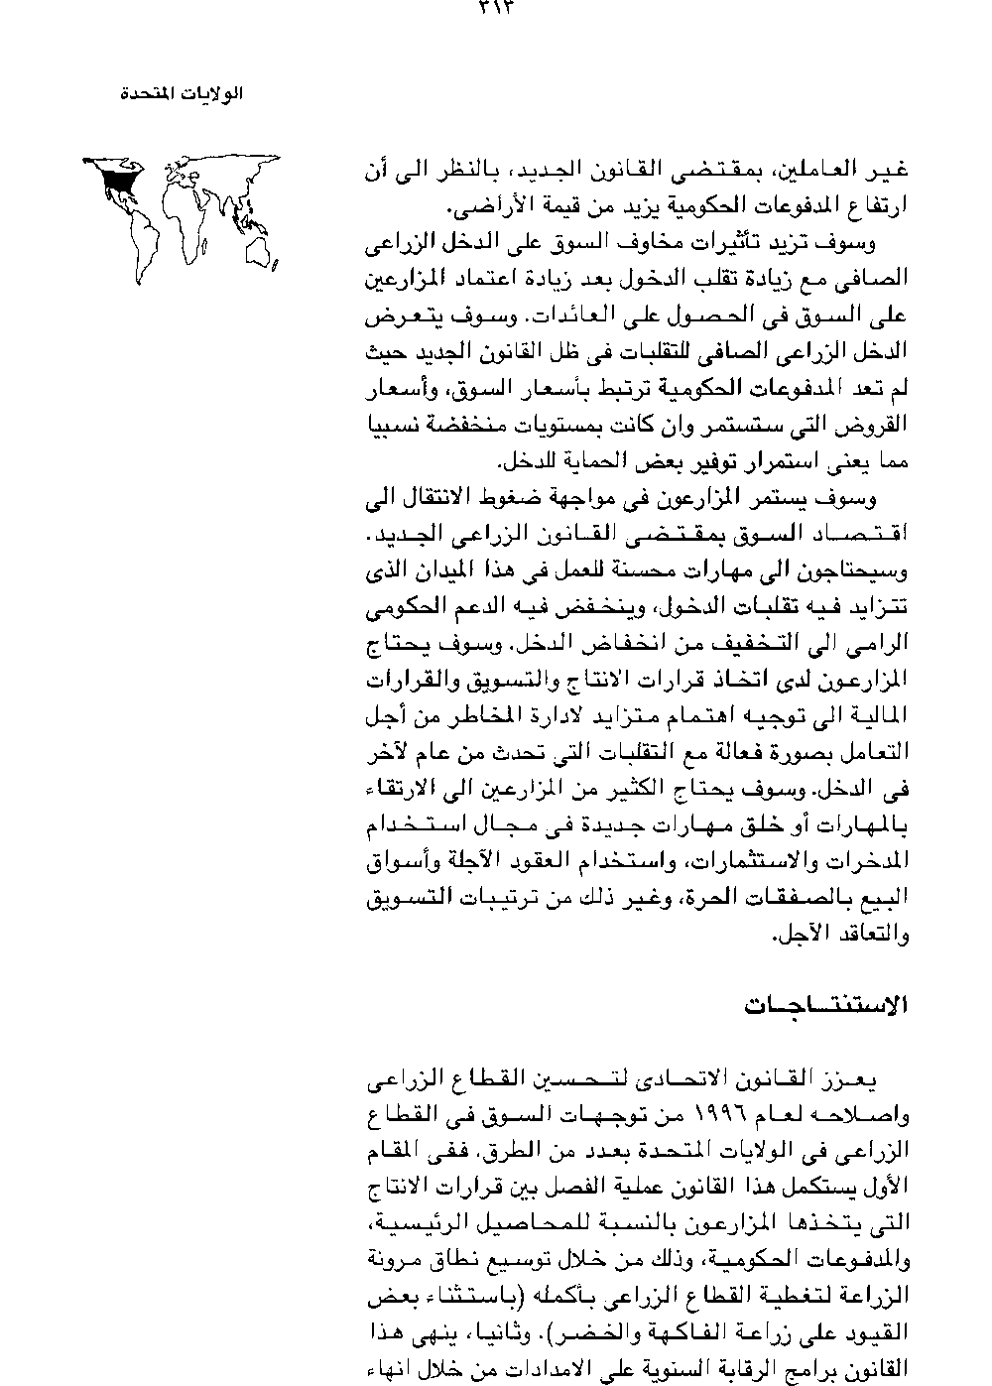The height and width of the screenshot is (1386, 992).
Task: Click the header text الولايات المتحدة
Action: [x=182, y=95]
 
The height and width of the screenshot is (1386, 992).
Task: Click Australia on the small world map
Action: [x=262, y=256]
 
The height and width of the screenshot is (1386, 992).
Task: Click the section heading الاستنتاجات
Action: [x=826, y=1005]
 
